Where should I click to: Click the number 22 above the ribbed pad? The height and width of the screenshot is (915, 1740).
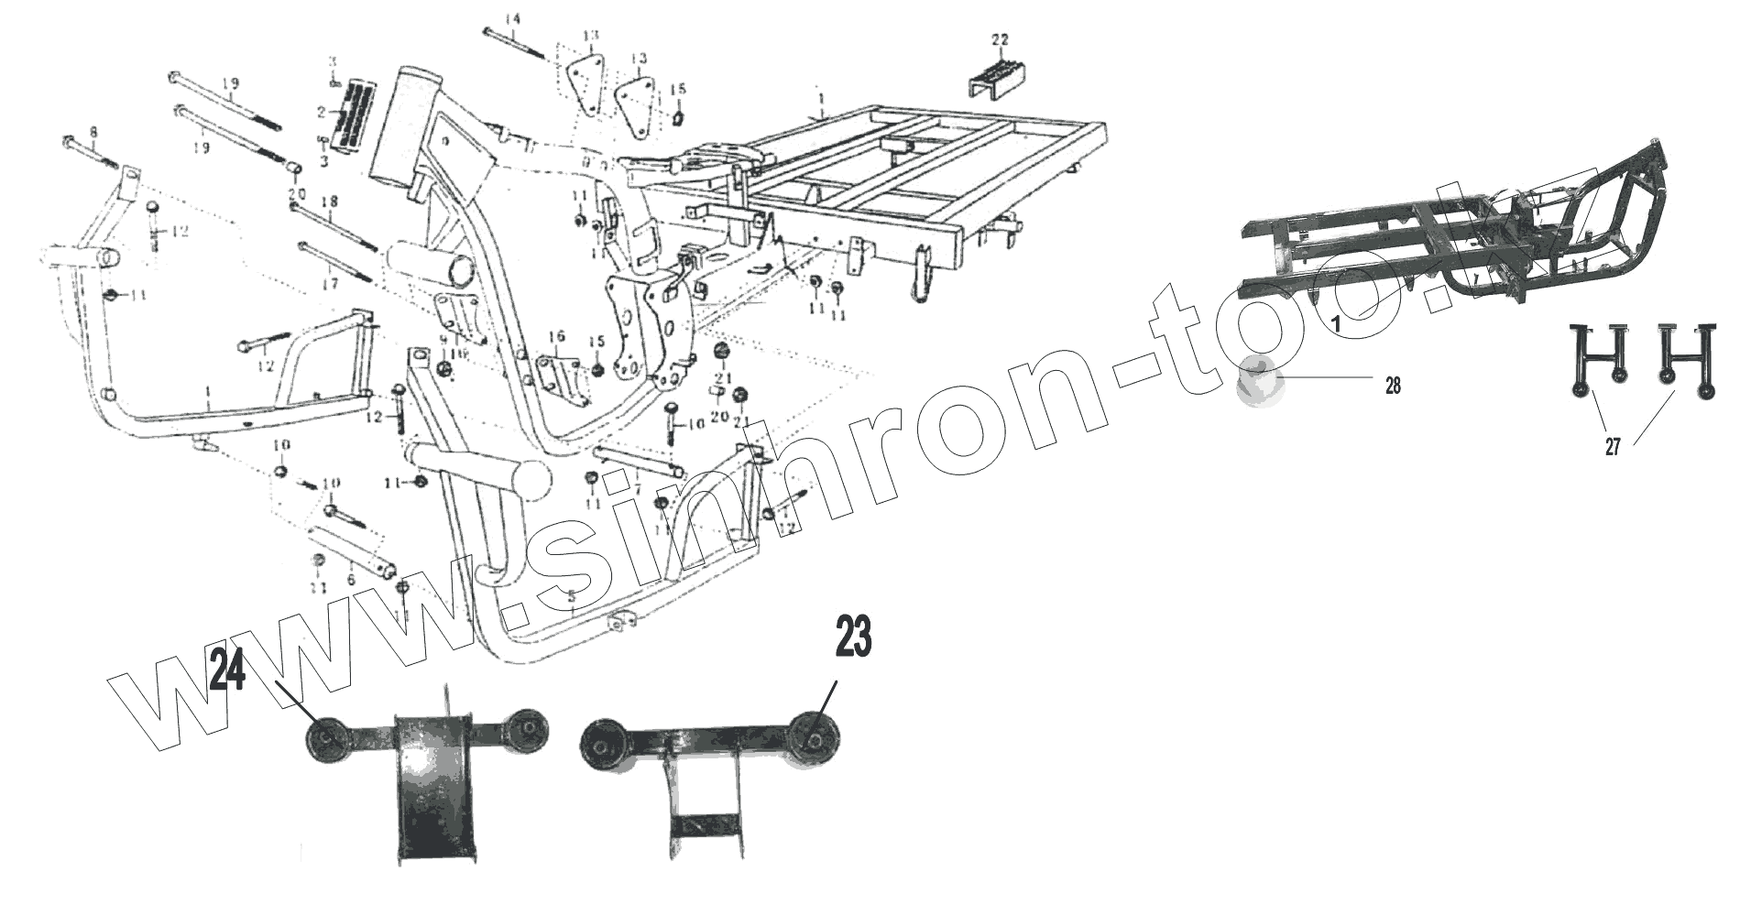[x=999, y=39]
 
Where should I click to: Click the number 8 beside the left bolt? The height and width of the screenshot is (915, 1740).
[x=94, y=132]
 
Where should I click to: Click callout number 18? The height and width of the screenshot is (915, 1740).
[x=329, y=202]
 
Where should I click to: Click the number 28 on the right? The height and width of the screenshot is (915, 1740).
[x=1392, y=386]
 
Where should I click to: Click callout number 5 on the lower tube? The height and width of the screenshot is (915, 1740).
[x=572, y=600]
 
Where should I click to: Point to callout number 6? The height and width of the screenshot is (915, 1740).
[x=350, y=580]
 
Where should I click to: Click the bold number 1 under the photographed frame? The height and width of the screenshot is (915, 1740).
[x=1335, y=323]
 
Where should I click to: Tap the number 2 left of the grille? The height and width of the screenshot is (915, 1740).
[x=322, y=112]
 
